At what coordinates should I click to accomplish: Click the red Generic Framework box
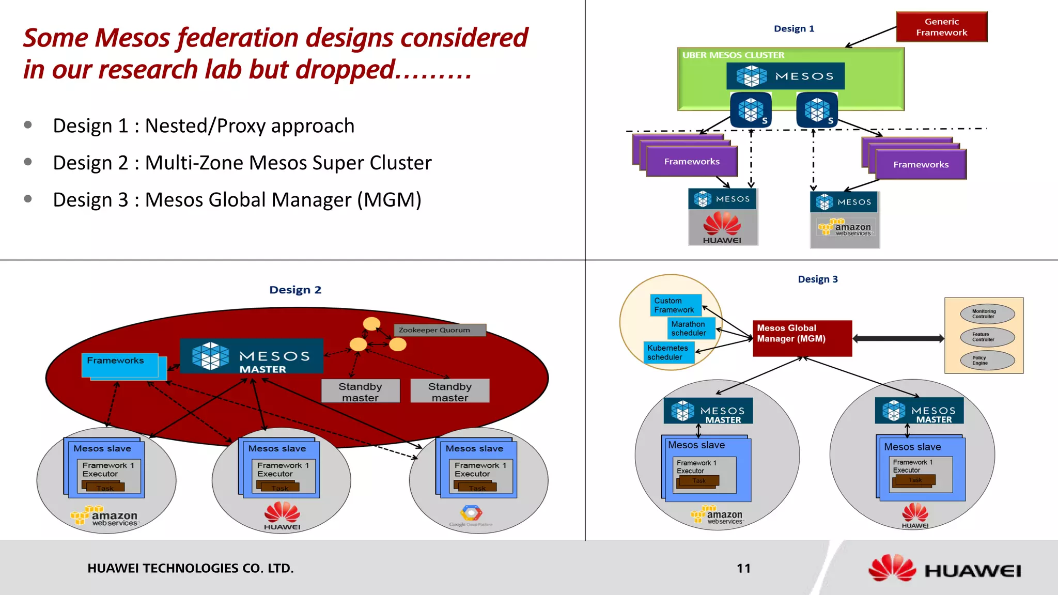click(941, 27)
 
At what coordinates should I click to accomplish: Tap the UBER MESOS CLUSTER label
click(733, 55)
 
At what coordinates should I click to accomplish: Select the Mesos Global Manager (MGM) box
click(802, 338)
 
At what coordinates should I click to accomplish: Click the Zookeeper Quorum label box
click(440, 330)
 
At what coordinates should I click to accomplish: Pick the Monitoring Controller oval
click(987, 314)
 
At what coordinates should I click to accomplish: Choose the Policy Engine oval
click(987, 361)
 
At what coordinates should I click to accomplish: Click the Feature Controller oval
click(987, 337)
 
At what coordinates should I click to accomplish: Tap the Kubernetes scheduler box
click(668, 353)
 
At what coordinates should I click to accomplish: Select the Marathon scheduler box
click(691, 328)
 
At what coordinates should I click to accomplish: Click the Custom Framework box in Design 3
click(675, 305)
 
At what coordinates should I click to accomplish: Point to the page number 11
click(743, 569)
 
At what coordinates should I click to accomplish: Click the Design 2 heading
click(295, 290)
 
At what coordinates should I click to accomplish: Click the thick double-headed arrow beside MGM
click(898, 339)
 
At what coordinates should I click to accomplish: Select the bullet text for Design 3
click(237, 200)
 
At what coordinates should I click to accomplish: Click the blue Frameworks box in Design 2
click(119, 364)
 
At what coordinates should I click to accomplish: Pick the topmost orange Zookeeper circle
click(371, 324)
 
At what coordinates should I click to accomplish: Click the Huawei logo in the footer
click(944, 570)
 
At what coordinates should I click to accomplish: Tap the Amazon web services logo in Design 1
click(845, 228)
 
